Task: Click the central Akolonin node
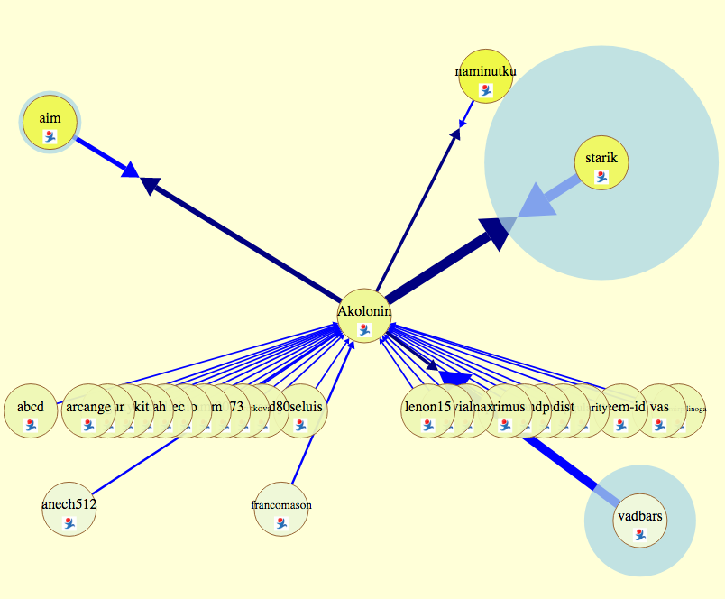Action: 364,316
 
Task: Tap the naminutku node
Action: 485,76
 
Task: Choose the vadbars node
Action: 640,521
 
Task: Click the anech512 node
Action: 69,510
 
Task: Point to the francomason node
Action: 281,510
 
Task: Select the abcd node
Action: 31,411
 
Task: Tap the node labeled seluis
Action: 302,411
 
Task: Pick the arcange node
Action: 88,411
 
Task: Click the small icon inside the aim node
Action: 50,136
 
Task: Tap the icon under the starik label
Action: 601,177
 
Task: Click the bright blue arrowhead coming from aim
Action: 129,168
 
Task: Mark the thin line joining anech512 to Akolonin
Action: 135,463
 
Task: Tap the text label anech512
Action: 69,504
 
